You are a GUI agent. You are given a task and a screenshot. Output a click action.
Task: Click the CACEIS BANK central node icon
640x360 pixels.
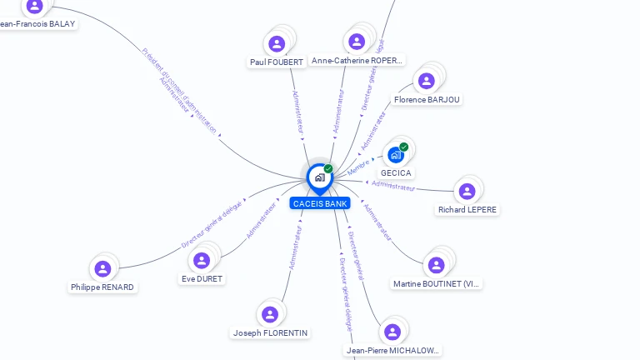pyautogui.click(x=319, y=177)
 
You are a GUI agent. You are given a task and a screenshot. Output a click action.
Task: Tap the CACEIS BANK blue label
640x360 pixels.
pyautogui.click(x=320, y=203)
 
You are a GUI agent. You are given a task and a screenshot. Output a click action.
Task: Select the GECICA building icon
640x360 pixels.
pyautogui.click(x=396, y=155)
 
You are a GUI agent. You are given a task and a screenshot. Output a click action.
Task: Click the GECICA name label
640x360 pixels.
pyautogui.click(x=396, y=173)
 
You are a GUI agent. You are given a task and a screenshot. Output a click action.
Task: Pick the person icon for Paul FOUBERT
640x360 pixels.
pyautogui.click(x=277, y=43)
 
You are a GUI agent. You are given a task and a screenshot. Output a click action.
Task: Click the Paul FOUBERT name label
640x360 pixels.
pyautogui.click(x=277, y=62)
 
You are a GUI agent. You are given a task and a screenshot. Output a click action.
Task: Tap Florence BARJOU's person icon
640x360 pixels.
pyautogui.click(x=427, y=81)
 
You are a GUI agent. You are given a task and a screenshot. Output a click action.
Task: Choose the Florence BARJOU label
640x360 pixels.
pyautogui.click(x=427, y=100)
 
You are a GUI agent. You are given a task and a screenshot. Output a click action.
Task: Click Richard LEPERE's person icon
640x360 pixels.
pyautogui.click(x=467, y=191)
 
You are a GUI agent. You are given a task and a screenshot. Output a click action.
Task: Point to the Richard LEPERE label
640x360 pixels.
pyautogui.click(x=467, y=210)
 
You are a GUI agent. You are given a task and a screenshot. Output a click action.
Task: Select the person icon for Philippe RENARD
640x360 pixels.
pyautogui.click(x=102, y=268)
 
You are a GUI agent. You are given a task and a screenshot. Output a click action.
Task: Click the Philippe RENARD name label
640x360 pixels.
pyautogui.click(x=102, y=287)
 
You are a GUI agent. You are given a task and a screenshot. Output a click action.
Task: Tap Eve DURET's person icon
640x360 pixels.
pyautogui.click(x=202, y=260)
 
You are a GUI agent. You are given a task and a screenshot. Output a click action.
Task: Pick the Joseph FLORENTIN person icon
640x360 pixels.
pyautogui.click(x=270, y=314)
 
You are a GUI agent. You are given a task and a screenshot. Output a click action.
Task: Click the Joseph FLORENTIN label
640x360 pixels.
pyautogui.click(x=270, y=333)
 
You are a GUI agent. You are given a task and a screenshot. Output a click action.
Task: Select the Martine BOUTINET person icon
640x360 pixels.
pyautogui.click(x=436, y=265)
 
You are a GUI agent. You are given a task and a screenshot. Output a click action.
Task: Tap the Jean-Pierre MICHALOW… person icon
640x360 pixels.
pyautogui.click(x=392, y=332)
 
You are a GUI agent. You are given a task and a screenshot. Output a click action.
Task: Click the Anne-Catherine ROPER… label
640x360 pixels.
pyautogui.click(x=357, y=61)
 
